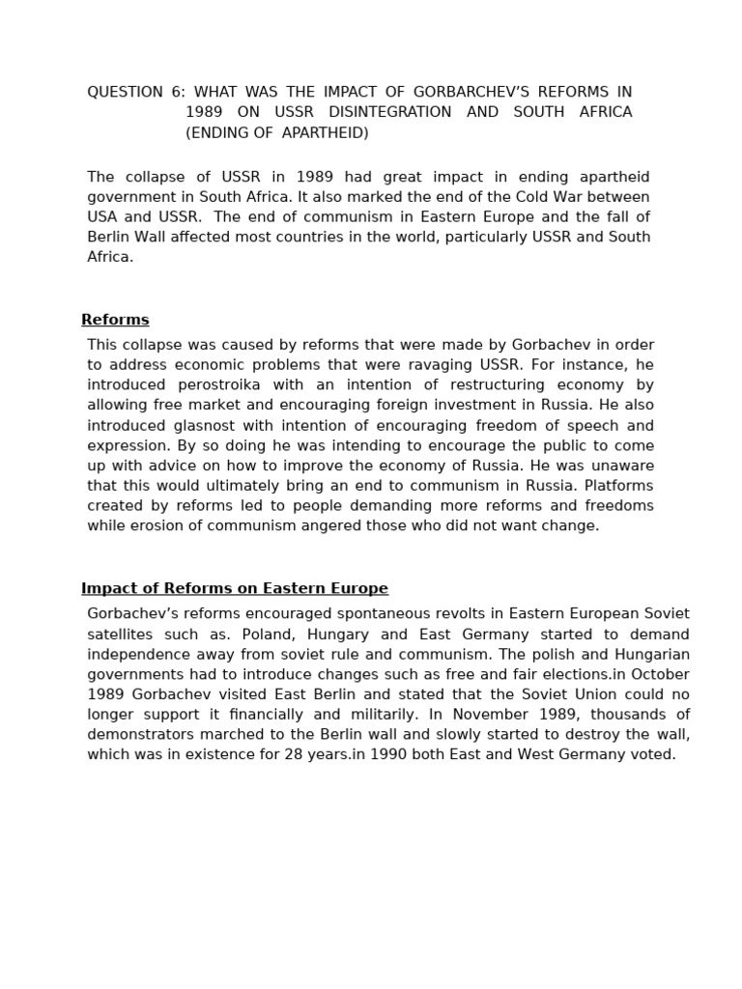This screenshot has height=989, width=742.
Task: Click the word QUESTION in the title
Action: click(x=125, y=92)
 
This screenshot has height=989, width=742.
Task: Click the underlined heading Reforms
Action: click(x=115, y=320)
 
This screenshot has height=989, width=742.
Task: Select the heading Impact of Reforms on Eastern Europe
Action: click(x=235, y=588)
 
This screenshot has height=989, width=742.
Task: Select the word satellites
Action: click(x=124, y=635)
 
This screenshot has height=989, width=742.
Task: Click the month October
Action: click(x=660, y=674)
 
